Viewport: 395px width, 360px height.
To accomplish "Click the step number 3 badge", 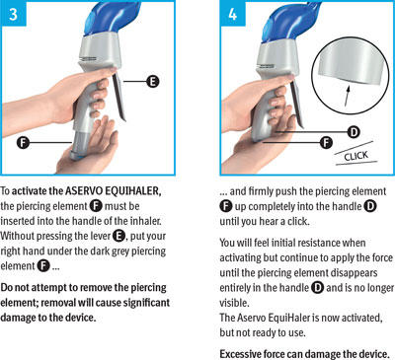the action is click(x=13, y=14).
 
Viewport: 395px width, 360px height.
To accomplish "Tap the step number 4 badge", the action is click(x=233, y=14).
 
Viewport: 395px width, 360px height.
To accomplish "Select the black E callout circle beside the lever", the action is click(x=153, y=81).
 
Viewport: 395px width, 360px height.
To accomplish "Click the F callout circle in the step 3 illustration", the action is click(x=23, y=143).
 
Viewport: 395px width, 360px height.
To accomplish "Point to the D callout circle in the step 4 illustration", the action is click(x=354, y=132).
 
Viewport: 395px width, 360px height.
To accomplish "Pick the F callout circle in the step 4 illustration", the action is click(x=326, y=142).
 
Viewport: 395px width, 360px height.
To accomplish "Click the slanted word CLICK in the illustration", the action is click(x=355, y=156).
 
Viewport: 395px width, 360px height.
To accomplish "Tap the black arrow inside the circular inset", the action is click(x=347, y=95).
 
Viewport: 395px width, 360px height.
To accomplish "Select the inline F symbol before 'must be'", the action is click(x=96, y=206).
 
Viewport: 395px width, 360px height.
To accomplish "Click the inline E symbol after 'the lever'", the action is click(x=118, y=236).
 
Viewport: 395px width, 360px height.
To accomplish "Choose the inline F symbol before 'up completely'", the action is click(x=226, y=206).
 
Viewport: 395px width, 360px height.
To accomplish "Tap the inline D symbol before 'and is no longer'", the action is click(x=317, y=288).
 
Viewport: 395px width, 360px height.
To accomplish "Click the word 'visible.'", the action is click(x=234, y=303).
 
